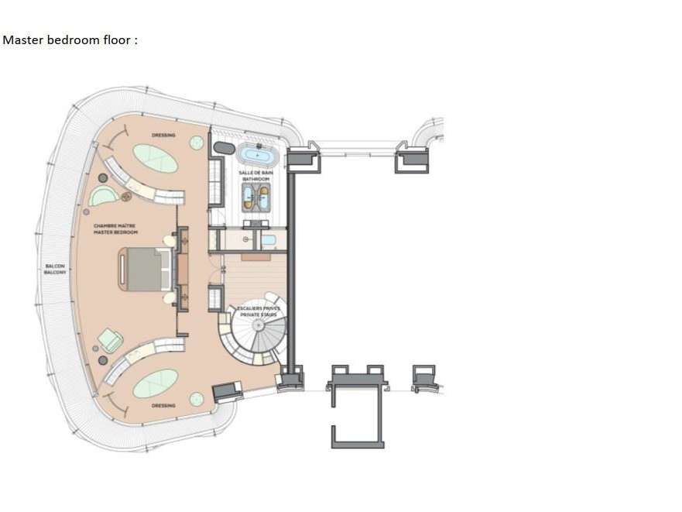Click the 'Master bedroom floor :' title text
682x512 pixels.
coord(70,40)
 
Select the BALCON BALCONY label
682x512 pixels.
coord(55,269)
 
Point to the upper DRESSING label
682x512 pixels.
coord(163,136)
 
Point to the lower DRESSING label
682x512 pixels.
coord(163,405)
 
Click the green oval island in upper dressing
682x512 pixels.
coord(155,160)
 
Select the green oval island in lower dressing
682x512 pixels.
coord(155,383)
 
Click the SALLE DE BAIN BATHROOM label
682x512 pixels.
coord(255,177)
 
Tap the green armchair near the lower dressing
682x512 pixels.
coord(110,340)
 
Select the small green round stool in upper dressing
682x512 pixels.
coord(197,143)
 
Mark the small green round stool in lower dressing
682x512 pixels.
coord(197,398)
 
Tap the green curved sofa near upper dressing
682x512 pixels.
coord(101,196)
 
